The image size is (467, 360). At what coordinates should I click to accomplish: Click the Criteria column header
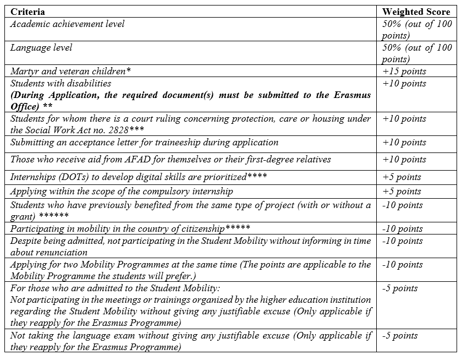28,12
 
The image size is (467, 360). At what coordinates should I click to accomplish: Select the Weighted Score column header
416,12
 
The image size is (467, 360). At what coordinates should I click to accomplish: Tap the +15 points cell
404,72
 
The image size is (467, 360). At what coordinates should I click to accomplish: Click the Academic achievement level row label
68,24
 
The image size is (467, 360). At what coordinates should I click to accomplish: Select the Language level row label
41,48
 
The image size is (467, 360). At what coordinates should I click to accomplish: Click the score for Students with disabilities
404,84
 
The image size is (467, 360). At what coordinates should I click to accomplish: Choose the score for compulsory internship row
402,192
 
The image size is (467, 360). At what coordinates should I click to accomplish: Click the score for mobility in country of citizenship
403,229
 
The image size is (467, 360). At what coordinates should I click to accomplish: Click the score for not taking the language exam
400,336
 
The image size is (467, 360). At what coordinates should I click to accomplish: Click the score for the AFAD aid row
404,160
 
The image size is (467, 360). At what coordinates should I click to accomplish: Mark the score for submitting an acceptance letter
404,143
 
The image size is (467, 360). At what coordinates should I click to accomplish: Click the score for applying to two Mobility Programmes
403,265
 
